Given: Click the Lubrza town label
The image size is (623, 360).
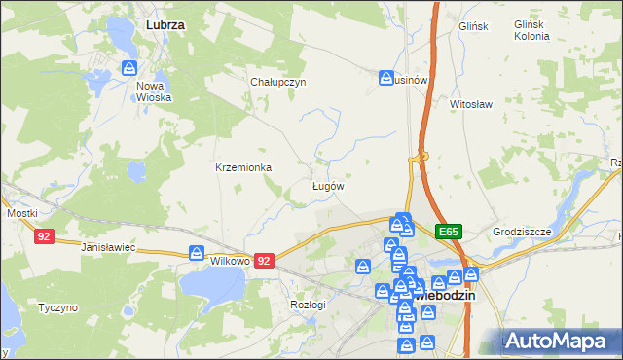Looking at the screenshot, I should click(x=165, y=23).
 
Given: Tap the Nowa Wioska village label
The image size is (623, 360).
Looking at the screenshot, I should click(x=154, y=90).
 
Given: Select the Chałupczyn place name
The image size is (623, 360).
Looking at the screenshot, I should click(x=278, y=82).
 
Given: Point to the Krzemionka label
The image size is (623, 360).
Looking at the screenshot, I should click(x=243, y=167).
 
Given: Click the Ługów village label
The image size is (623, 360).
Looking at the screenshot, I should click(x=327, y=185).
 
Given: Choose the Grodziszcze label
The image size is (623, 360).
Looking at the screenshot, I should click(x=522, y=233).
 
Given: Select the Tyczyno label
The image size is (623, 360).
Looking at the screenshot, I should click(x=57, y=307).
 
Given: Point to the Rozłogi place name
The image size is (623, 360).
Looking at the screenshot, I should click(x=308, y=305).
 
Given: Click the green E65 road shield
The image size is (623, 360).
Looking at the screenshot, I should click(x=448, y=232).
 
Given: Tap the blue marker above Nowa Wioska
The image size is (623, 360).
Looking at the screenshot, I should click(x=129, y=68).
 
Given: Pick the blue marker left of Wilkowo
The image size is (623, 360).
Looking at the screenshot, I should click(x=198, y=254).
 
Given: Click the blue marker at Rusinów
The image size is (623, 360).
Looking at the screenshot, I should click(x=386, y=76).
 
